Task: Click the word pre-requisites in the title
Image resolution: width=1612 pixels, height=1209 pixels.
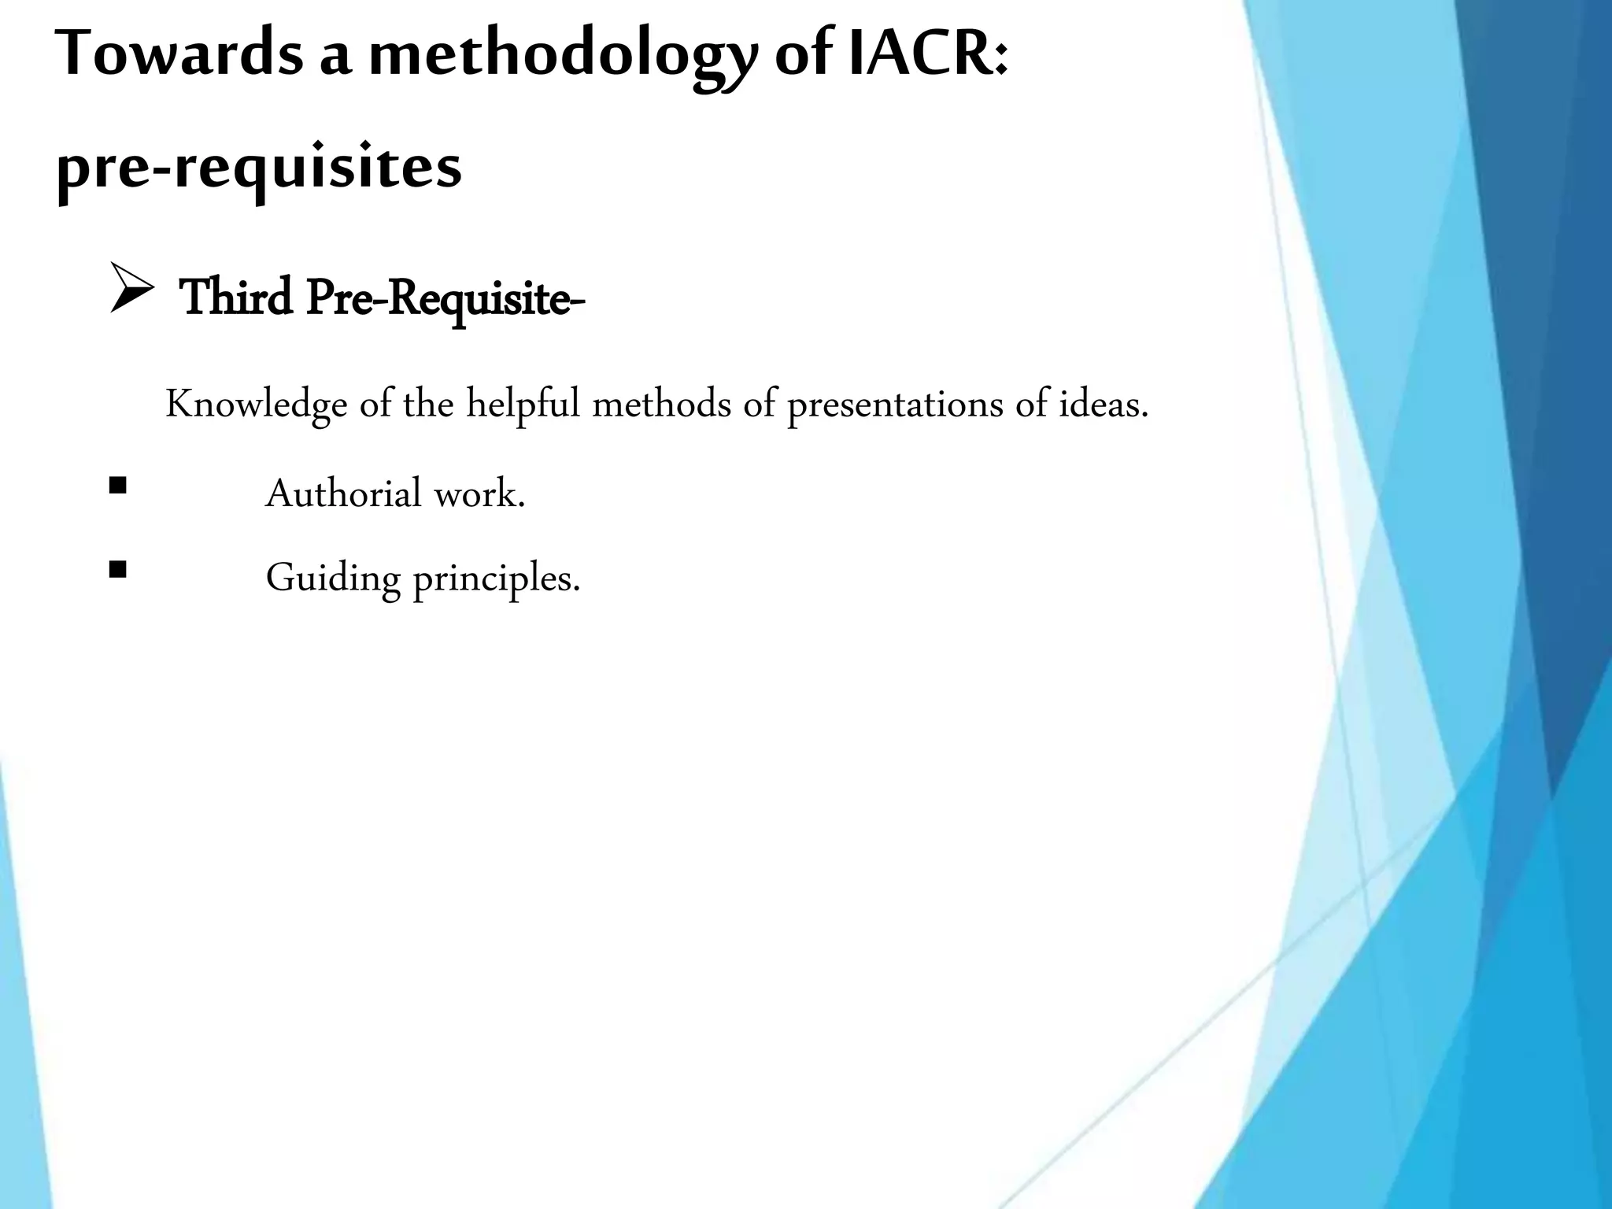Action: [259, 168]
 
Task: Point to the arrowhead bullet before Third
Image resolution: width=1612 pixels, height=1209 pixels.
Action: [131, 289]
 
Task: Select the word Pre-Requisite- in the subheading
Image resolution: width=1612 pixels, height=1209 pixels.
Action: [446, 300]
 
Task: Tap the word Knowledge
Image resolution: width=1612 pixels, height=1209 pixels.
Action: [257, 405]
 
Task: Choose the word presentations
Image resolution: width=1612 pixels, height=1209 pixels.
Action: [894, 405]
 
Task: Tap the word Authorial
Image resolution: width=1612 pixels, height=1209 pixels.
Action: [344, 494]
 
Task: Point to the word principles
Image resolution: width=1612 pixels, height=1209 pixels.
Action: [496, 579]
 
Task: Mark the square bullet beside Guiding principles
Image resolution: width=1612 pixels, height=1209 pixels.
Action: [118, 569]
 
